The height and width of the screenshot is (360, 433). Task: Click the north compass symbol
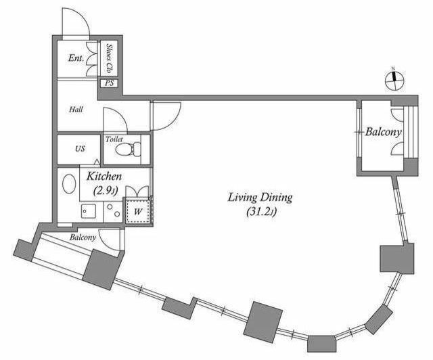coord(394,81)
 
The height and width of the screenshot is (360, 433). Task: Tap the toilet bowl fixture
coord(128,149)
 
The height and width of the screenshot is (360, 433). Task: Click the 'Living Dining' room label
coord(260,198)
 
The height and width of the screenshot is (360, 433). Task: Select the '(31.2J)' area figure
coord(261,212)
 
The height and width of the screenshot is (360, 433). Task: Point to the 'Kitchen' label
coord(104,176)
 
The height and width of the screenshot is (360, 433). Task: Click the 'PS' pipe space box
coord(109,83)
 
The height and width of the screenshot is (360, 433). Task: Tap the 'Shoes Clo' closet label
coord(109,58)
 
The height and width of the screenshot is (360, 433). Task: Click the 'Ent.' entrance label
coord(76,58)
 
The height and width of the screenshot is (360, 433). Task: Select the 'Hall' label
coord(76,110)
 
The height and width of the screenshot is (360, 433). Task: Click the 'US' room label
coord(80,149)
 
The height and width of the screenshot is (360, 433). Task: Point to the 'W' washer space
coord(138,211)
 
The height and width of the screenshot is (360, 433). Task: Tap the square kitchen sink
coord(89,211)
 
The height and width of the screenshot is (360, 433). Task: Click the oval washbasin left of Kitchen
coord(69,184)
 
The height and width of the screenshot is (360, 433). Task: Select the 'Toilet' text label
coord(114,139)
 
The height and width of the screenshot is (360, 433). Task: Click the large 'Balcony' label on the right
coord(383,133)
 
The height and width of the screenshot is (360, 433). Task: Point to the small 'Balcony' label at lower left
coord(83,238)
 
